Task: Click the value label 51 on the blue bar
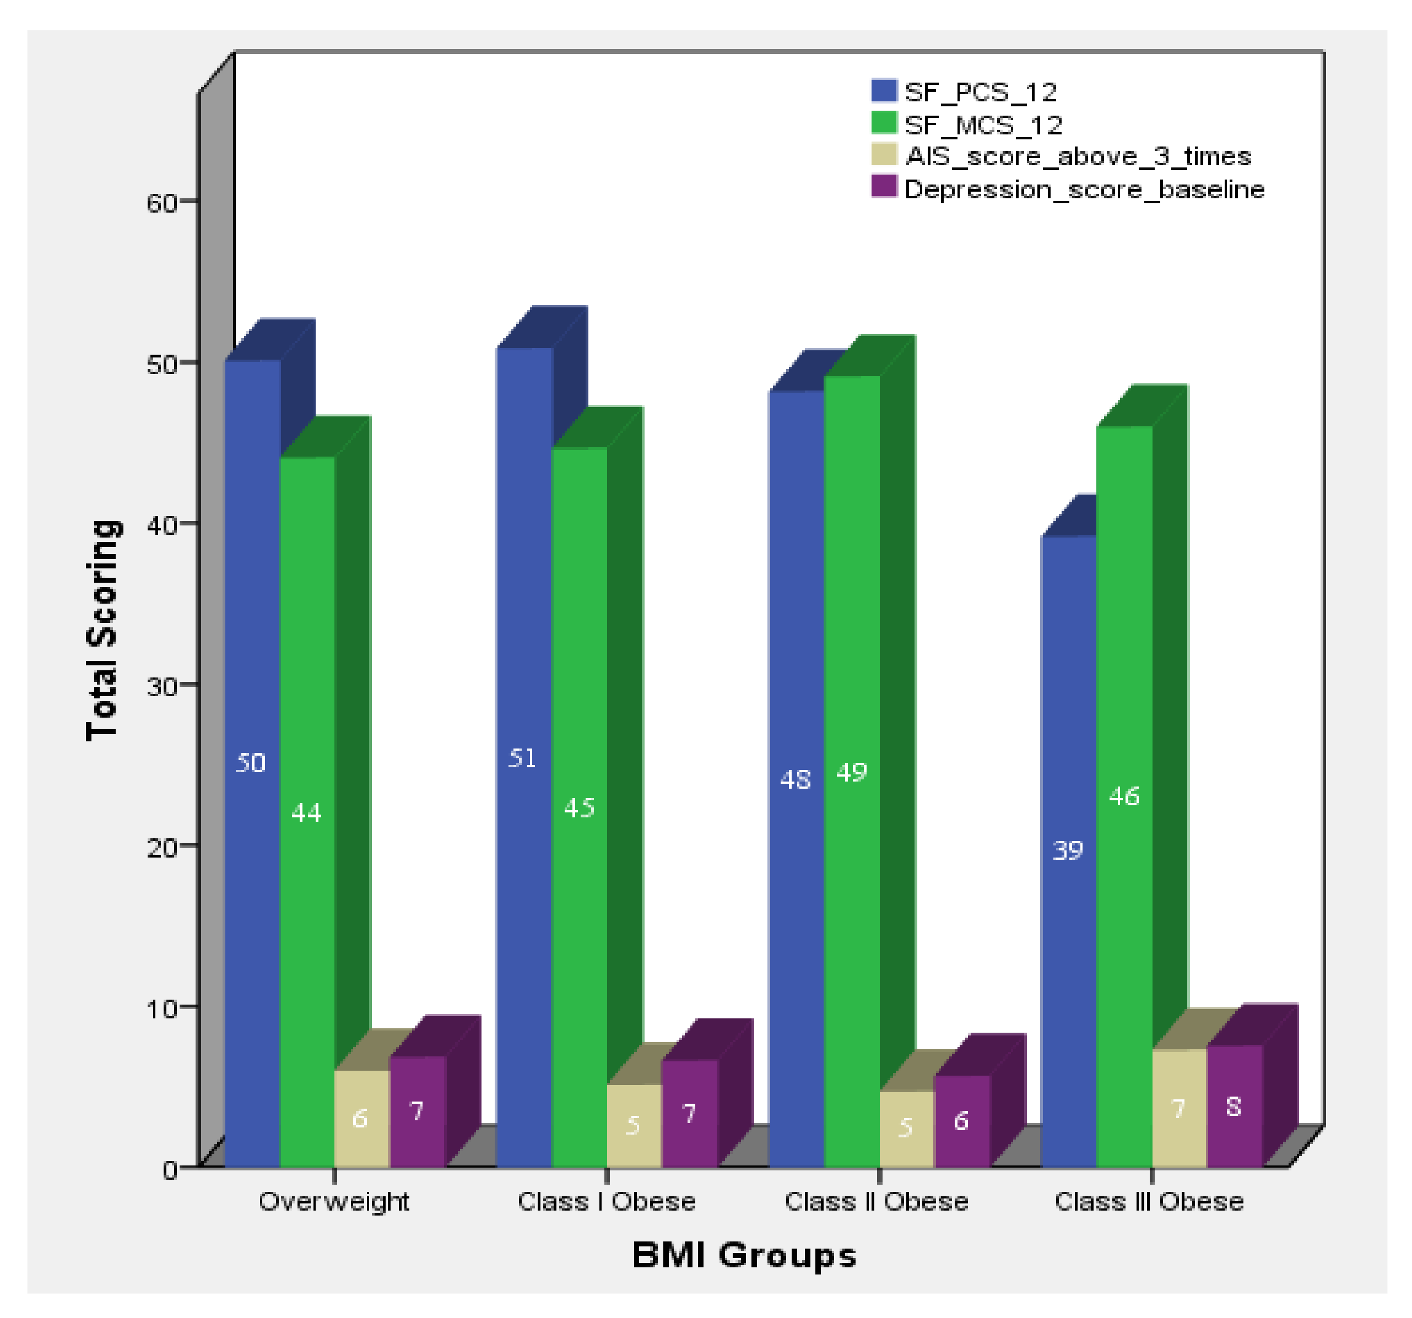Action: click(523, 758)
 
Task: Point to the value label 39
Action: click(1068, 850)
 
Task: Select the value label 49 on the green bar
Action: click(851, 772)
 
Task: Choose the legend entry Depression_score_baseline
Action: click(1084, 189)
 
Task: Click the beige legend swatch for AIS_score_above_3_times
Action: click(884, 155)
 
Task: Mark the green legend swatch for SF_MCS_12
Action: click(884, 123)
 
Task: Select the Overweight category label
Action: click(334, 1202)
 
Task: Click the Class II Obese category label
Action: click(877, 1202)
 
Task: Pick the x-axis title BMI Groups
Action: click(744, 1255)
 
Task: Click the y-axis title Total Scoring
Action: click(103, 631)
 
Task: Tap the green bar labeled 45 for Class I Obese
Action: click(579, 710)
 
